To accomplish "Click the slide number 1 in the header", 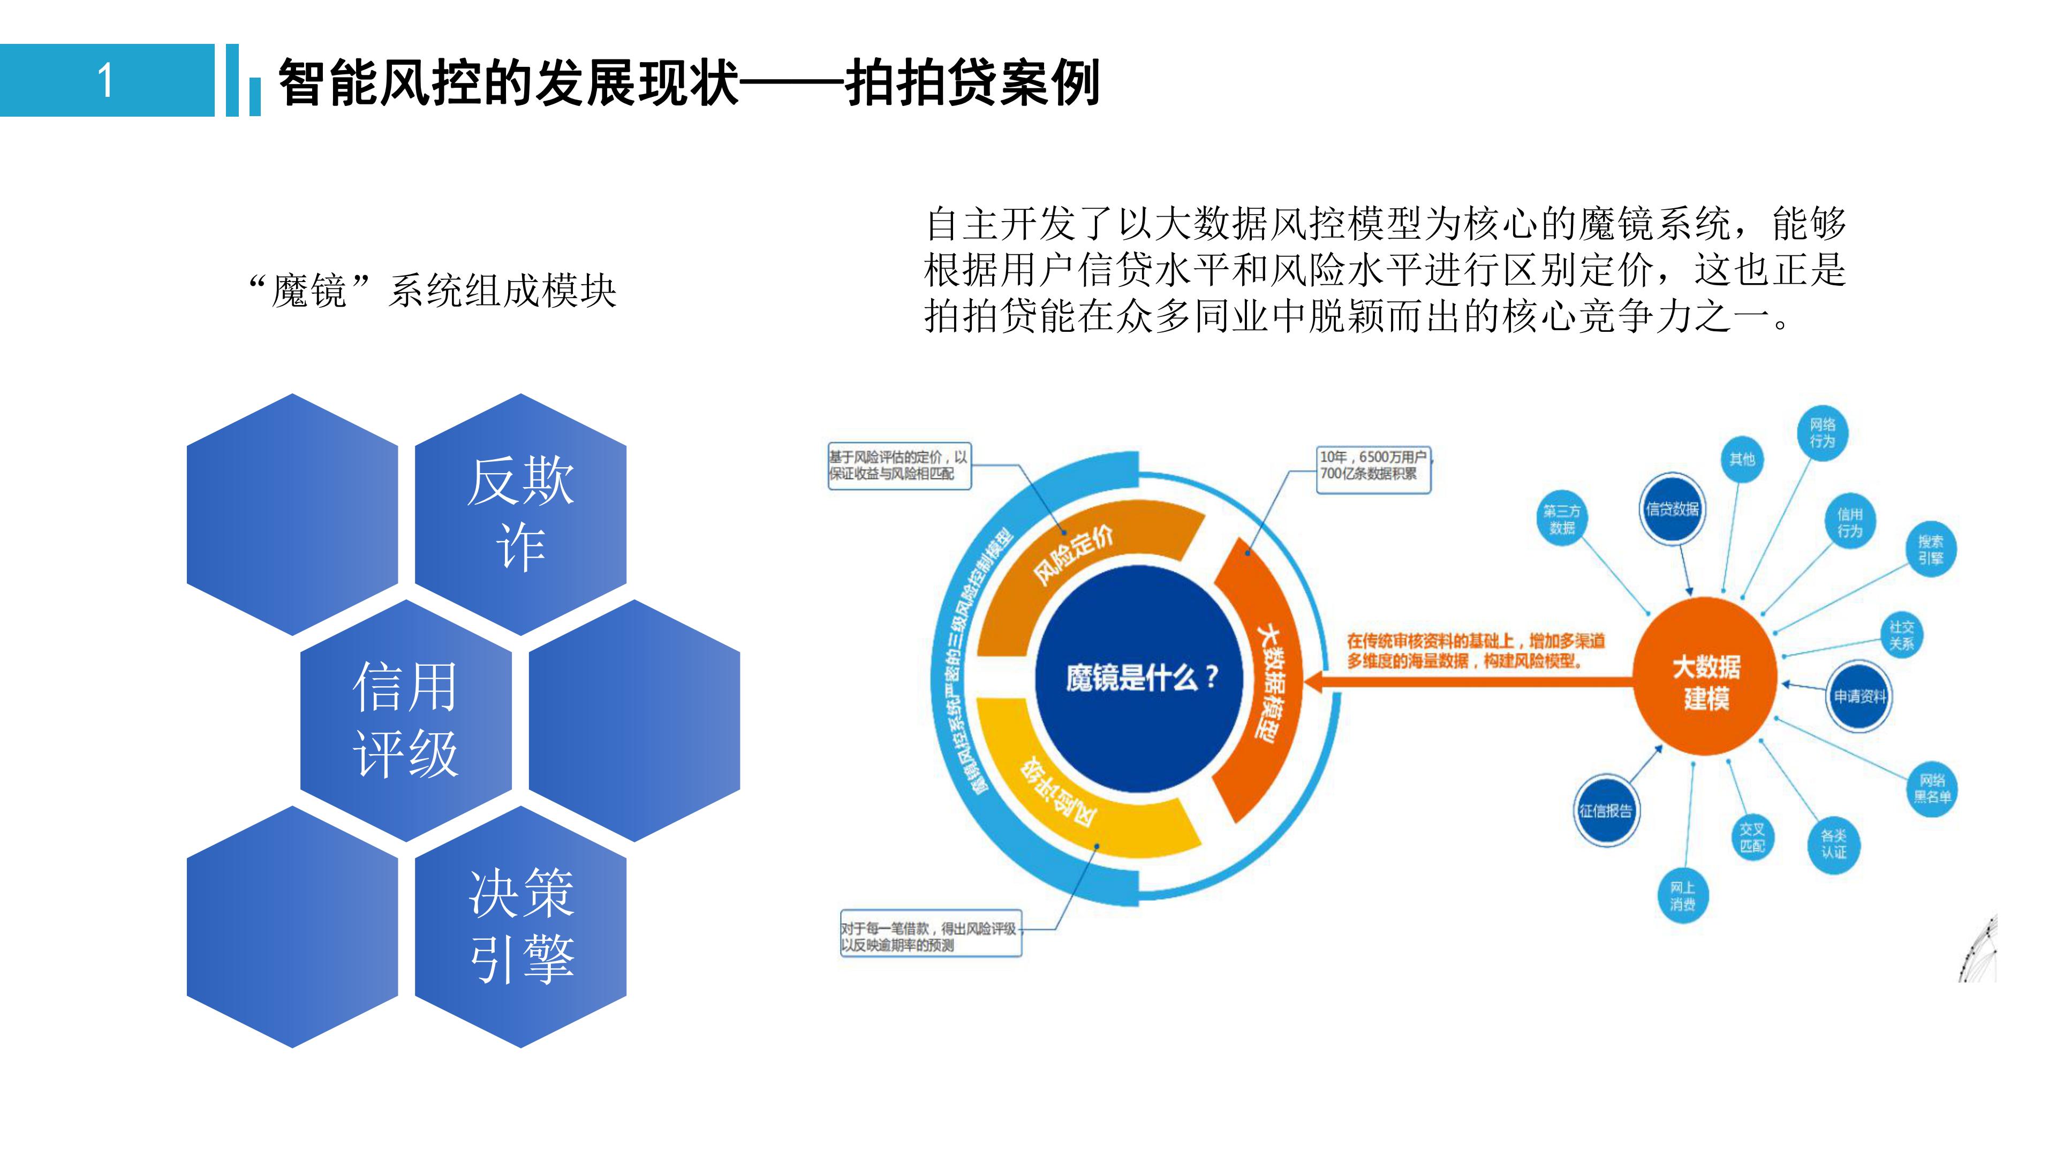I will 106,81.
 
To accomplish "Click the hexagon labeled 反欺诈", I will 520,514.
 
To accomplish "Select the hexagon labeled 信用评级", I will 405,720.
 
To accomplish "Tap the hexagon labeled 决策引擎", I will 520,926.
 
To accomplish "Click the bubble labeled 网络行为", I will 1822,433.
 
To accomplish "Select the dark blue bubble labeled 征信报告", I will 1606,811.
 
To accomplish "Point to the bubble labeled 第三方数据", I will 1562,519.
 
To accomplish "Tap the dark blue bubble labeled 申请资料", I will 1859,696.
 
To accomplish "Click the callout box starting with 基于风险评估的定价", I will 899,466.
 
